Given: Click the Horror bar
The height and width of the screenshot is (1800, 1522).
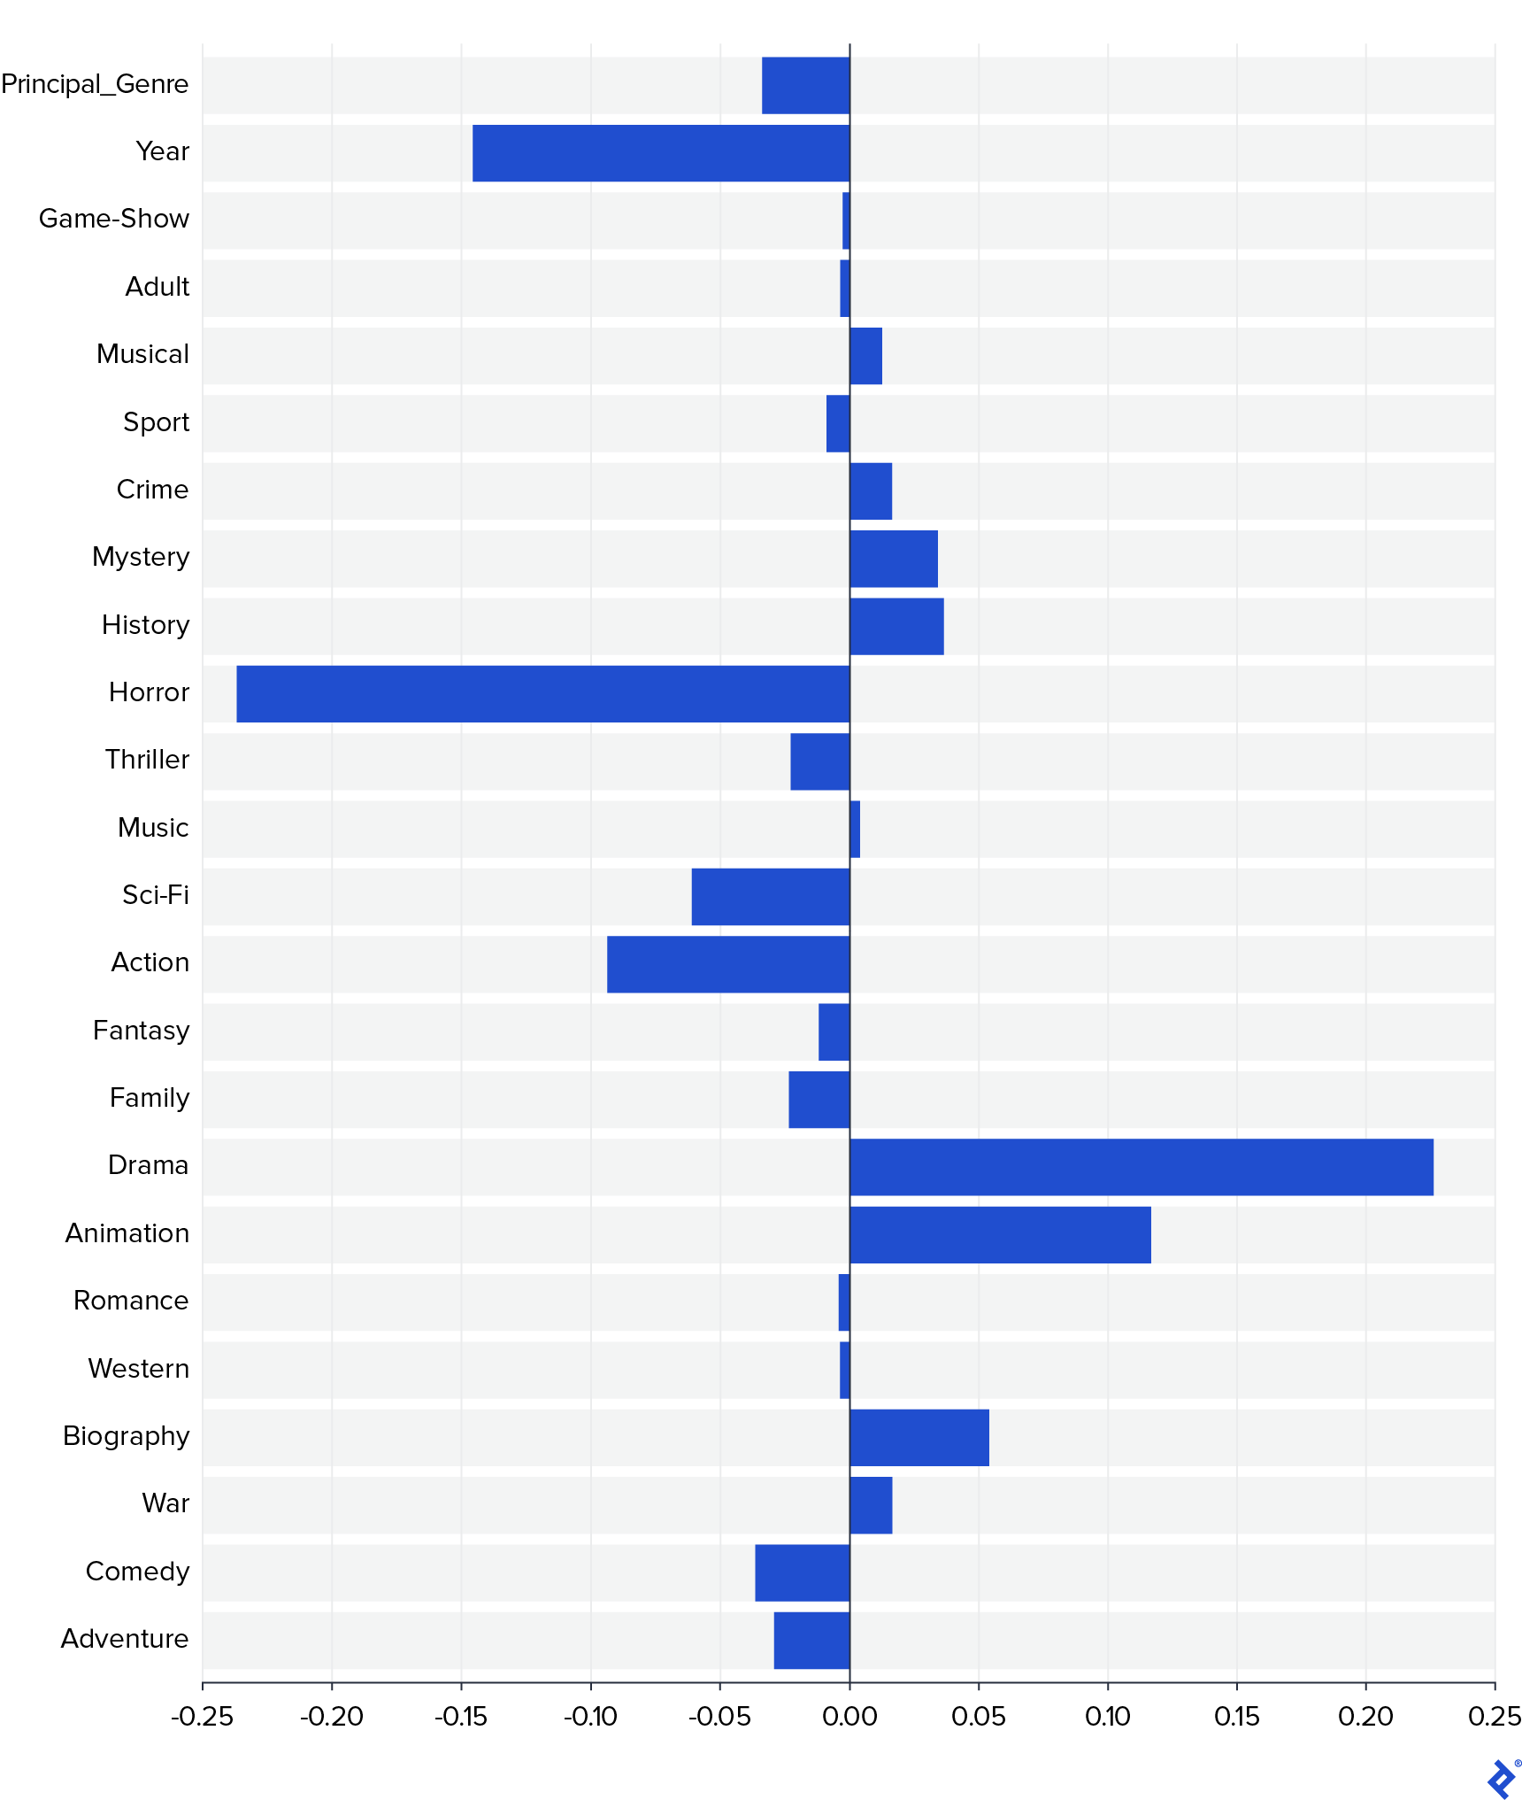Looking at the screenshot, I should coord(542,693).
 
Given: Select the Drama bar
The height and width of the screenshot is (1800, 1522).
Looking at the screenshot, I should coord(1141,1167).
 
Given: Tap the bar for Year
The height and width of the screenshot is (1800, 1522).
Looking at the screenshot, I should coord(660,153).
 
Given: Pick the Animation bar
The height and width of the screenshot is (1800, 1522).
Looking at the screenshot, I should coord(1000,1234).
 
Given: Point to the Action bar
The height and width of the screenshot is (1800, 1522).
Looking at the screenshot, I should coord(727,964).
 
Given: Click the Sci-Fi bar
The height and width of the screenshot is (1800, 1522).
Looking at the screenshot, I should coord(770,896).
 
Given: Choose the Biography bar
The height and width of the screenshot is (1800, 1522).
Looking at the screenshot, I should coord(919,1437).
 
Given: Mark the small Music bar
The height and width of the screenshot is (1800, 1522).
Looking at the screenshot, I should coord(855,829).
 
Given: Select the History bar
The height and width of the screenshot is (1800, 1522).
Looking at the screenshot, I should coord(896,626).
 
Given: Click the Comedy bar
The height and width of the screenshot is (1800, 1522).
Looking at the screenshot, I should coord(802,1572).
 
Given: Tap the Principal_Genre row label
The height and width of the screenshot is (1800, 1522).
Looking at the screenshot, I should coord(95,84).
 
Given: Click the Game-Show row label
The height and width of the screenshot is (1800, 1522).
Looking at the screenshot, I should coord(114,219).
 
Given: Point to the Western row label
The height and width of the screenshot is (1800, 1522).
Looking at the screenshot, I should coord(139,1369).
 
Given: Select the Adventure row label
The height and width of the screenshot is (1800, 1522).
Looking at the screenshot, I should coord(125,1639).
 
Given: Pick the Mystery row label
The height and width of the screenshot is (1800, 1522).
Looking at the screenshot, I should coord(141,557).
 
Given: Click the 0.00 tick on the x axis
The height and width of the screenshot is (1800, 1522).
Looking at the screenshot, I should coord(849,1716).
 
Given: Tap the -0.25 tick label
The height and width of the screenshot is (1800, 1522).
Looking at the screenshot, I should coord(202,1716).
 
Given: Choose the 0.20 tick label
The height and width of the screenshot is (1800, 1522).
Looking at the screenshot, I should coord(1365,1716).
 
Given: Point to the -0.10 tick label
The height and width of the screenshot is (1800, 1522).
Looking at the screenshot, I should coord(590,1716).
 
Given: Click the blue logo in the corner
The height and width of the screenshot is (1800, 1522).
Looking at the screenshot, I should coord(1501,1778).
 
